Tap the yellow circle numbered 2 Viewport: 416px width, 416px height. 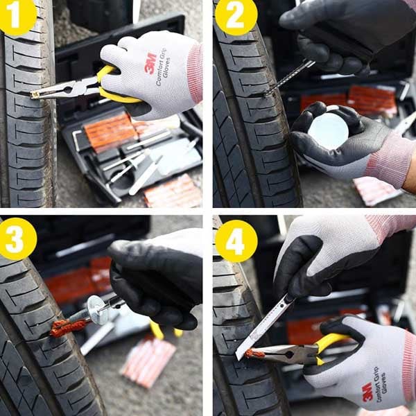coord(236,16)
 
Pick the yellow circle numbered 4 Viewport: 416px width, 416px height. coord(236,241)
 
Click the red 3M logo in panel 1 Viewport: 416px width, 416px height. coord(150,63)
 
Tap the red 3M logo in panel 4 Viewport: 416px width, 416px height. coord(367,392)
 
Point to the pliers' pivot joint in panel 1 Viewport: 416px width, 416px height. coord(68,89)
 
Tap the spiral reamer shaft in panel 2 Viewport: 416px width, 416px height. coord(290,78)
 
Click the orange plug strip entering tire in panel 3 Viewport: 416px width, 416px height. coord(69,328)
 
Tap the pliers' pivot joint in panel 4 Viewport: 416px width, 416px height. coord(289,354)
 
